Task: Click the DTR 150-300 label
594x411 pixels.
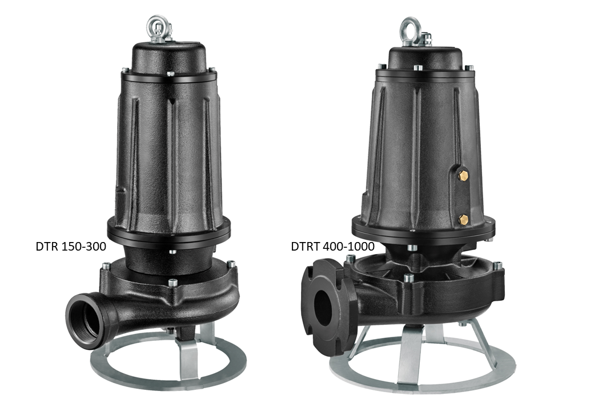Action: coord(71,247)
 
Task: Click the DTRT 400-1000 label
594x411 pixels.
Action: coord(332,247)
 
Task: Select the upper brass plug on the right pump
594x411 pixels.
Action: coord(463,175)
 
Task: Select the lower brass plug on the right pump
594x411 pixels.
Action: coord(463,219)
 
